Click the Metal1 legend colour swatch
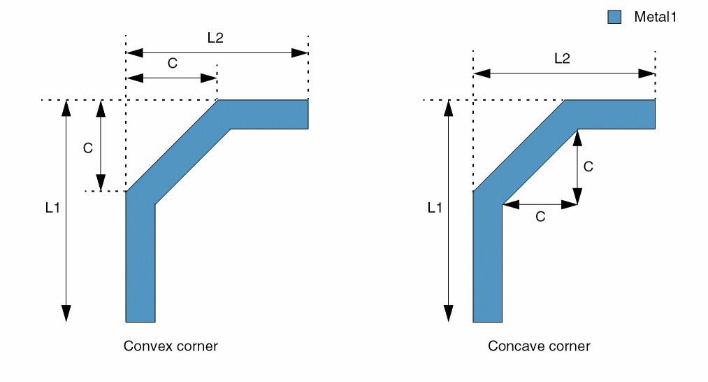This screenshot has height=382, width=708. point(614,17)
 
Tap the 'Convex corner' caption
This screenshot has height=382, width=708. point(171,346)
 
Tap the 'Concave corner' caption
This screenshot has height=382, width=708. point(539,346)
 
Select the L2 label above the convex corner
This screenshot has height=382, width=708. point(215,39)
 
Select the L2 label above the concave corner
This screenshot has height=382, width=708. point(562,59)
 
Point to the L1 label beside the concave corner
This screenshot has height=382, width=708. point(435,208)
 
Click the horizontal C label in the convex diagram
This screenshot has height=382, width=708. point(172,63)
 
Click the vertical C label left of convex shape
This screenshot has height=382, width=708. point(87,148)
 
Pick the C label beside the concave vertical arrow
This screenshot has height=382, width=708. point(588,167)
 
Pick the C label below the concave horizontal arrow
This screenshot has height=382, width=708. point(540,217)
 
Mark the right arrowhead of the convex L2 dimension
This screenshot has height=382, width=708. point(301,52)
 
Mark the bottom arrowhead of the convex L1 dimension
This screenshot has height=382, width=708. point(66,314)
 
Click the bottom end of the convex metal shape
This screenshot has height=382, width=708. point(140,318)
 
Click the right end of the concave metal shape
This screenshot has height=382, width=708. point(650,115)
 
